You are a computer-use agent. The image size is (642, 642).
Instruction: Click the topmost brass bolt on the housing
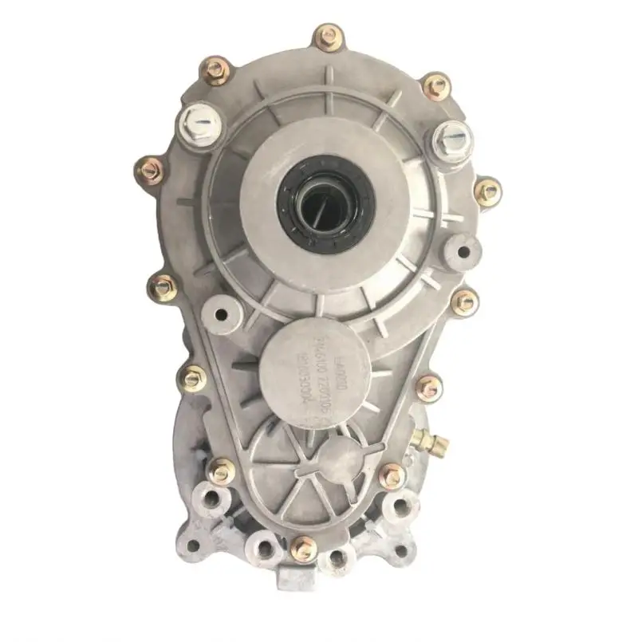click(328, 37)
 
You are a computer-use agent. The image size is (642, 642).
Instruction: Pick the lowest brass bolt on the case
click(303, 549)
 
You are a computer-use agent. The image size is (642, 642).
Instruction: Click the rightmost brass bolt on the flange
click(487, 191)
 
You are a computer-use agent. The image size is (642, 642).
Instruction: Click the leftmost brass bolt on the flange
click(148, 169)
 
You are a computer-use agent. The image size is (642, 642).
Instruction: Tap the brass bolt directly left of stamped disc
click(194, 379)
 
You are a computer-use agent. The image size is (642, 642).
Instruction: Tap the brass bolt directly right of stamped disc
click(428, 388)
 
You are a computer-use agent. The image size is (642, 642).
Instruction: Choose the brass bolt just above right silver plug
click(435, 85)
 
